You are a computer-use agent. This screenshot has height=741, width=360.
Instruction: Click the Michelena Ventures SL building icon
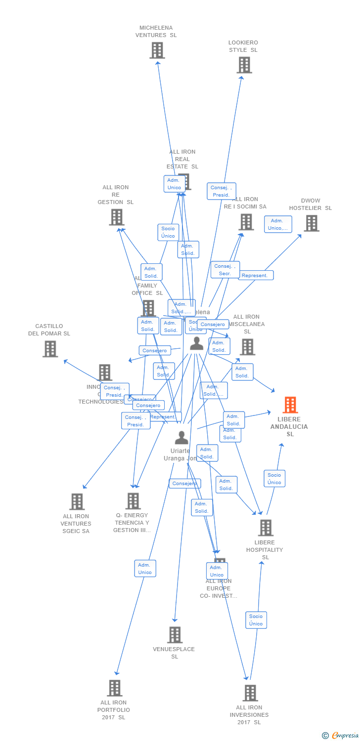point(157,50)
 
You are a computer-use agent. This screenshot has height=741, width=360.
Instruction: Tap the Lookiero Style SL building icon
point(244,65)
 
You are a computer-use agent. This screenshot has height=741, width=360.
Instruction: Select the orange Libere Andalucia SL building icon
point(290,405)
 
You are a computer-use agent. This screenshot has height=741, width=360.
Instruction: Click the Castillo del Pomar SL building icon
point(50,349)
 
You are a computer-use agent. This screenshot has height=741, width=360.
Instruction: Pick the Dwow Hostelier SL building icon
point(311,223)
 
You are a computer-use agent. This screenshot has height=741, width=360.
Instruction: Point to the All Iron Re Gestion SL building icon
point(116,217)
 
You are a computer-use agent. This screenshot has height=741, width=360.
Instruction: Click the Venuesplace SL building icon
point(175,635)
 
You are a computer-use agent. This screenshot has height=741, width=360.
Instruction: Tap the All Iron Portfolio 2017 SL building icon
point(114,688)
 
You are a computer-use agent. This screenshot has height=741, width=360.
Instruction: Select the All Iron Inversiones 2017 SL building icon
point(250,693)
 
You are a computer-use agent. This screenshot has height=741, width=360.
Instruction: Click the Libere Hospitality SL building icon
point(266,528)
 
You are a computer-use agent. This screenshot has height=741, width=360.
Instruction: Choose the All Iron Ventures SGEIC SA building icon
point(77,501)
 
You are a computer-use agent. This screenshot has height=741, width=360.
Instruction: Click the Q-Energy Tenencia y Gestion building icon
point(133,501)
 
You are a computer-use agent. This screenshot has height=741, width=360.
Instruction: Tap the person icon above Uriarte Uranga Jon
point(181,438)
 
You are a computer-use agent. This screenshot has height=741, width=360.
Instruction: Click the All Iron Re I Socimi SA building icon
point(246,222)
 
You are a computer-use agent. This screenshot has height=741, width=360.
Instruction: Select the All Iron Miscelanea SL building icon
point(247,347)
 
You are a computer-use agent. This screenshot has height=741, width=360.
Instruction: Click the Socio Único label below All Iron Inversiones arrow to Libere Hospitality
point(256,620)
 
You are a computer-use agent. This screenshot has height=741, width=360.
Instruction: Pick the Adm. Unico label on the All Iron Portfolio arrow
point(145,569)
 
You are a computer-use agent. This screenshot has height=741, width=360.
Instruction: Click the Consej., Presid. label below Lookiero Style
point(221,191)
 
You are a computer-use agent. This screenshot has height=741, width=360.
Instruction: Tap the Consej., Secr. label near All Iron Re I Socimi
point(225,270)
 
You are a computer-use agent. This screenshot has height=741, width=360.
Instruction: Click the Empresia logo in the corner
point(341,735)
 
